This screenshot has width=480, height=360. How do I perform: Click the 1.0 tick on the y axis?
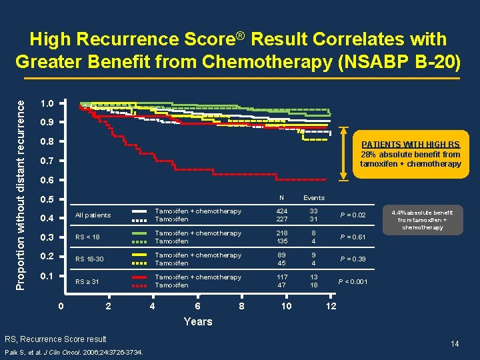pos(47,103)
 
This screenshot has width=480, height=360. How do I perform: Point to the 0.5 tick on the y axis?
pos(47,199)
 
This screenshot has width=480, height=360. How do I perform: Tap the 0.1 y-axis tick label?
pos(47,276)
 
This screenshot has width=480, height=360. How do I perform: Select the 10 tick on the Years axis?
pos(286,306)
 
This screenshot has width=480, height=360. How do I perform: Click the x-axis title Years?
pos(197,321)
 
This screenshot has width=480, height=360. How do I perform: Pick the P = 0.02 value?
pos(353,215)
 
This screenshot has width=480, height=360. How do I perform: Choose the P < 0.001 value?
pos(354,281)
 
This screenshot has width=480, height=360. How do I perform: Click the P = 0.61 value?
pos(353,237)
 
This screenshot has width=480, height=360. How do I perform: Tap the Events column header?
pos(313,198)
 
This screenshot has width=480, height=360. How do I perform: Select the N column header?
pos(281,198)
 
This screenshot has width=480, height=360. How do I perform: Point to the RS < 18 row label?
pos(88,237)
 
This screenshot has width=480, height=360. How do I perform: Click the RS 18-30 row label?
pos(90,259)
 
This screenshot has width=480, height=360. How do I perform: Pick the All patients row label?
pos(93,215)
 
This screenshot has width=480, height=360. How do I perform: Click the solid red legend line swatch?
pos(140,277)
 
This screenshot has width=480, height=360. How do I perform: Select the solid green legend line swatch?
pos(140,233)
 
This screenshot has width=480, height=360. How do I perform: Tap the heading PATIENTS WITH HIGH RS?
pos(410,145)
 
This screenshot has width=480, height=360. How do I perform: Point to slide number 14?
pos(455,343)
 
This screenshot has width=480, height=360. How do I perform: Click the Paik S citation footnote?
pos(73,352)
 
